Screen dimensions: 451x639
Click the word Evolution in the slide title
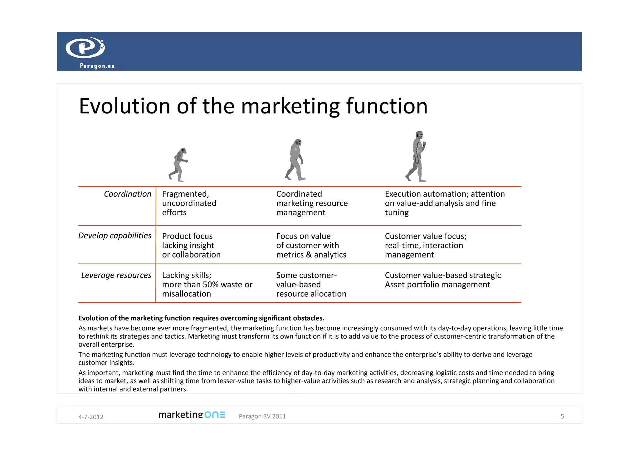point(124,106)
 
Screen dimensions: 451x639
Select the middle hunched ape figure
point(295,160)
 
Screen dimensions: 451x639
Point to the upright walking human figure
point(417,157)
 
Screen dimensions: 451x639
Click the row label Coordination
point(127,194)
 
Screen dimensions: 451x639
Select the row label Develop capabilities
point(115,236)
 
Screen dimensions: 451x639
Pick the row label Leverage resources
point(116,275)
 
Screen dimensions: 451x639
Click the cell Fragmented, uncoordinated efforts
point(189,203)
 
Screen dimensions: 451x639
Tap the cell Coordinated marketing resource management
point(311,203)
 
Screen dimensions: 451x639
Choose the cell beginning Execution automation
point(444,203)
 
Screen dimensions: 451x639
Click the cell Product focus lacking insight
point(191,245)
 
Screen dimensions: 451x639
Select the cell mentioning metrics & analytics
point(311,245)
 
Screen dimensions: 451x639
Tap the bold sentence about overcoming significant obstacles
point(201,318)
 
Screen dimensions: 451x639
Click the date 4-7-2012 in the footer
point(90,417)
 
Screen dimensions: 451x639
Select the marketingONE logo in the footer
point(192,415)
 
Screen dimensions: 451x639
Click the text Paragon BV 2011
point(262,416)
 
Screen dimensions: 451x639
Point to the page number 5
point(562,416)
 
